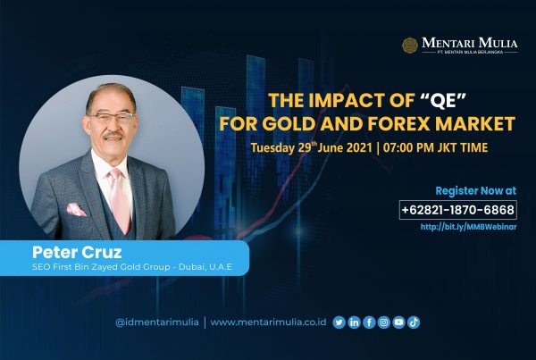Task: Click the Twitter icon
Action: pyautogui.click(x=339, y=322)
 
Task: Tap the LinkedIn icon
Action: pyautogui.click(x=354, y=322)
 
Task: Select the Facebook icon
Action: pyautogui.click(x=369, y=322)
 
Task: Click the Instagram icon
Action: pyautogui.click(x=384, y=322)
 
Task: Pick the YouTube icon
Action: pyautogui.click(x=399, y=322)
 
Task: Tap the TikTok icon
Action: pyautogui.click(x=414, y=322)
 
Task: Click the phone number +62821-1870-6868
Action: pyautogui.click(x=458, y=210)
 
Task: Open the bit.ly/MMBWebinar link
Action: pyautogui.click(x=468, y=227)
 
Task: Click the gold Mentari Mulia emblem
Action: pyautogui.click(x=410, y=46)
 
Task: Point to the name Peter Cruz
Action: pyautogui.click(x=77, y=252)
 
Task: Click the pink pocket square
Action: pyautogui.click(x=76, y=209)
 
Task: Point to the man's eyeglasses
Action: pyautogui.click(x=112, y=118)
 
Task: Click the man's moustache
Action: pyautogui.click(x=113, y=136)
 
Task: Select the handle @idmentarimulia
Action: pyautogui.click(x=157, y=322)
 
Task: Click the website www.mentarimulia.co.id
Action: pyautogui.click(x=268, y=322)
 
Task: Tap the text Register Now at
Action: pyautogui.click(x=476, y=191)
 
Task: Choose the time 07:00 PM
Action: pyautogui.click(x=408, y=147)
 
